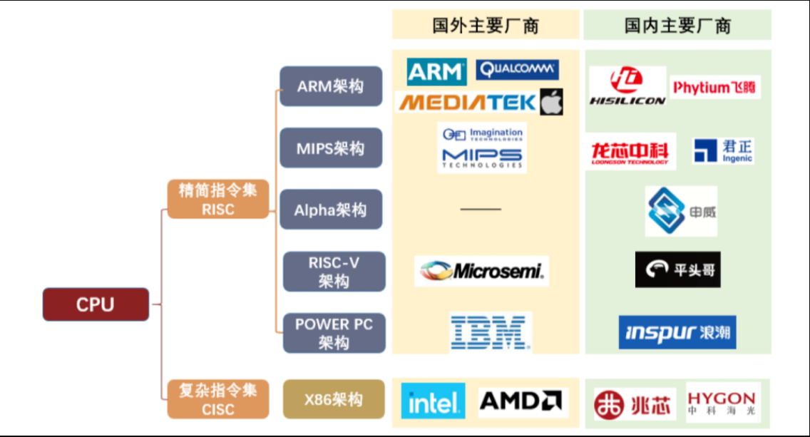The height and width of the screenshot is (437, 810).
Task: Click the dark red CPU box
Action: (x=96, y=304)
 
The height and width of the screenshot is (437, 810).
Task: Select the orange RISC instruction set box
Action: (x=218, y=199)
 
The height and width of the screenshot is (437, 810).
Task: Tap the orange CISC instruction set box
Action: (x=218, y=399)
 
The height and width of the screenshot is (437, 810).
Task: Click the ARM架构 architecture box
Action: (x=330, y=86)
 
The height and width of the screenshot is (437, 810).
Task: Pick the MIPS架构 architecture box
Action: (x=330, y=148)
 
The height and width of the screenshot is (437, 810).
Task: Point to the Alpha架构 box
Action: (x=330, y=210)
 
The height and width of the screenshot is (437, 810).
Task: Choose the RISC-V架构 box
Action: (x=334, y=272)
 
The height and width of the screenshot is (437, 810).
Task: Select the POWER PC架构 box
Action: (x=334, y=333)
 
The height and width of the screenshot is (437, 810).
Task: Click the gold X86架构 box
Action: (x=334, y=399)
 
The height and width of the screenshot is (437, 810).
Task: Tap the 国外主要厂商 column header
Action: (x=485, y=26)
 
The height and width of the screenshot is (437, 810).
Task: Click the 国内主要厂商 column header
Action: (x=677, y=26)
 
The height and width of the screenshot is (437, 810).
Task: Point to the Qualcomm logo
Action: (x=517, y=69)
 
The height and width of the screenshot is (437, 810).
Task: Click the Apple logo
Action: (x=551, y=102)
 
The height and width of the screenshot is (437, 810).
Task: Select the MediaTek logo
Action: (x=467, y=103)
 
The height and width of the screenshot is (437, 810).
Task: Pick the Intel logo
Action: (x=433, y=401)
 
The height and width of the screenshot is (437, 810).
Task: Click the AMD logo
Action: (x=523, y=401)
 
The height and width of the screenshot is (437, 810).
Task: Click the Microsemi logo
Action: (x=481, y=271)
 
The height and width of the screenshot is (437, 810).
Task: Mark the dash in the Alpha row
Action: (x=481, y=210)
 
